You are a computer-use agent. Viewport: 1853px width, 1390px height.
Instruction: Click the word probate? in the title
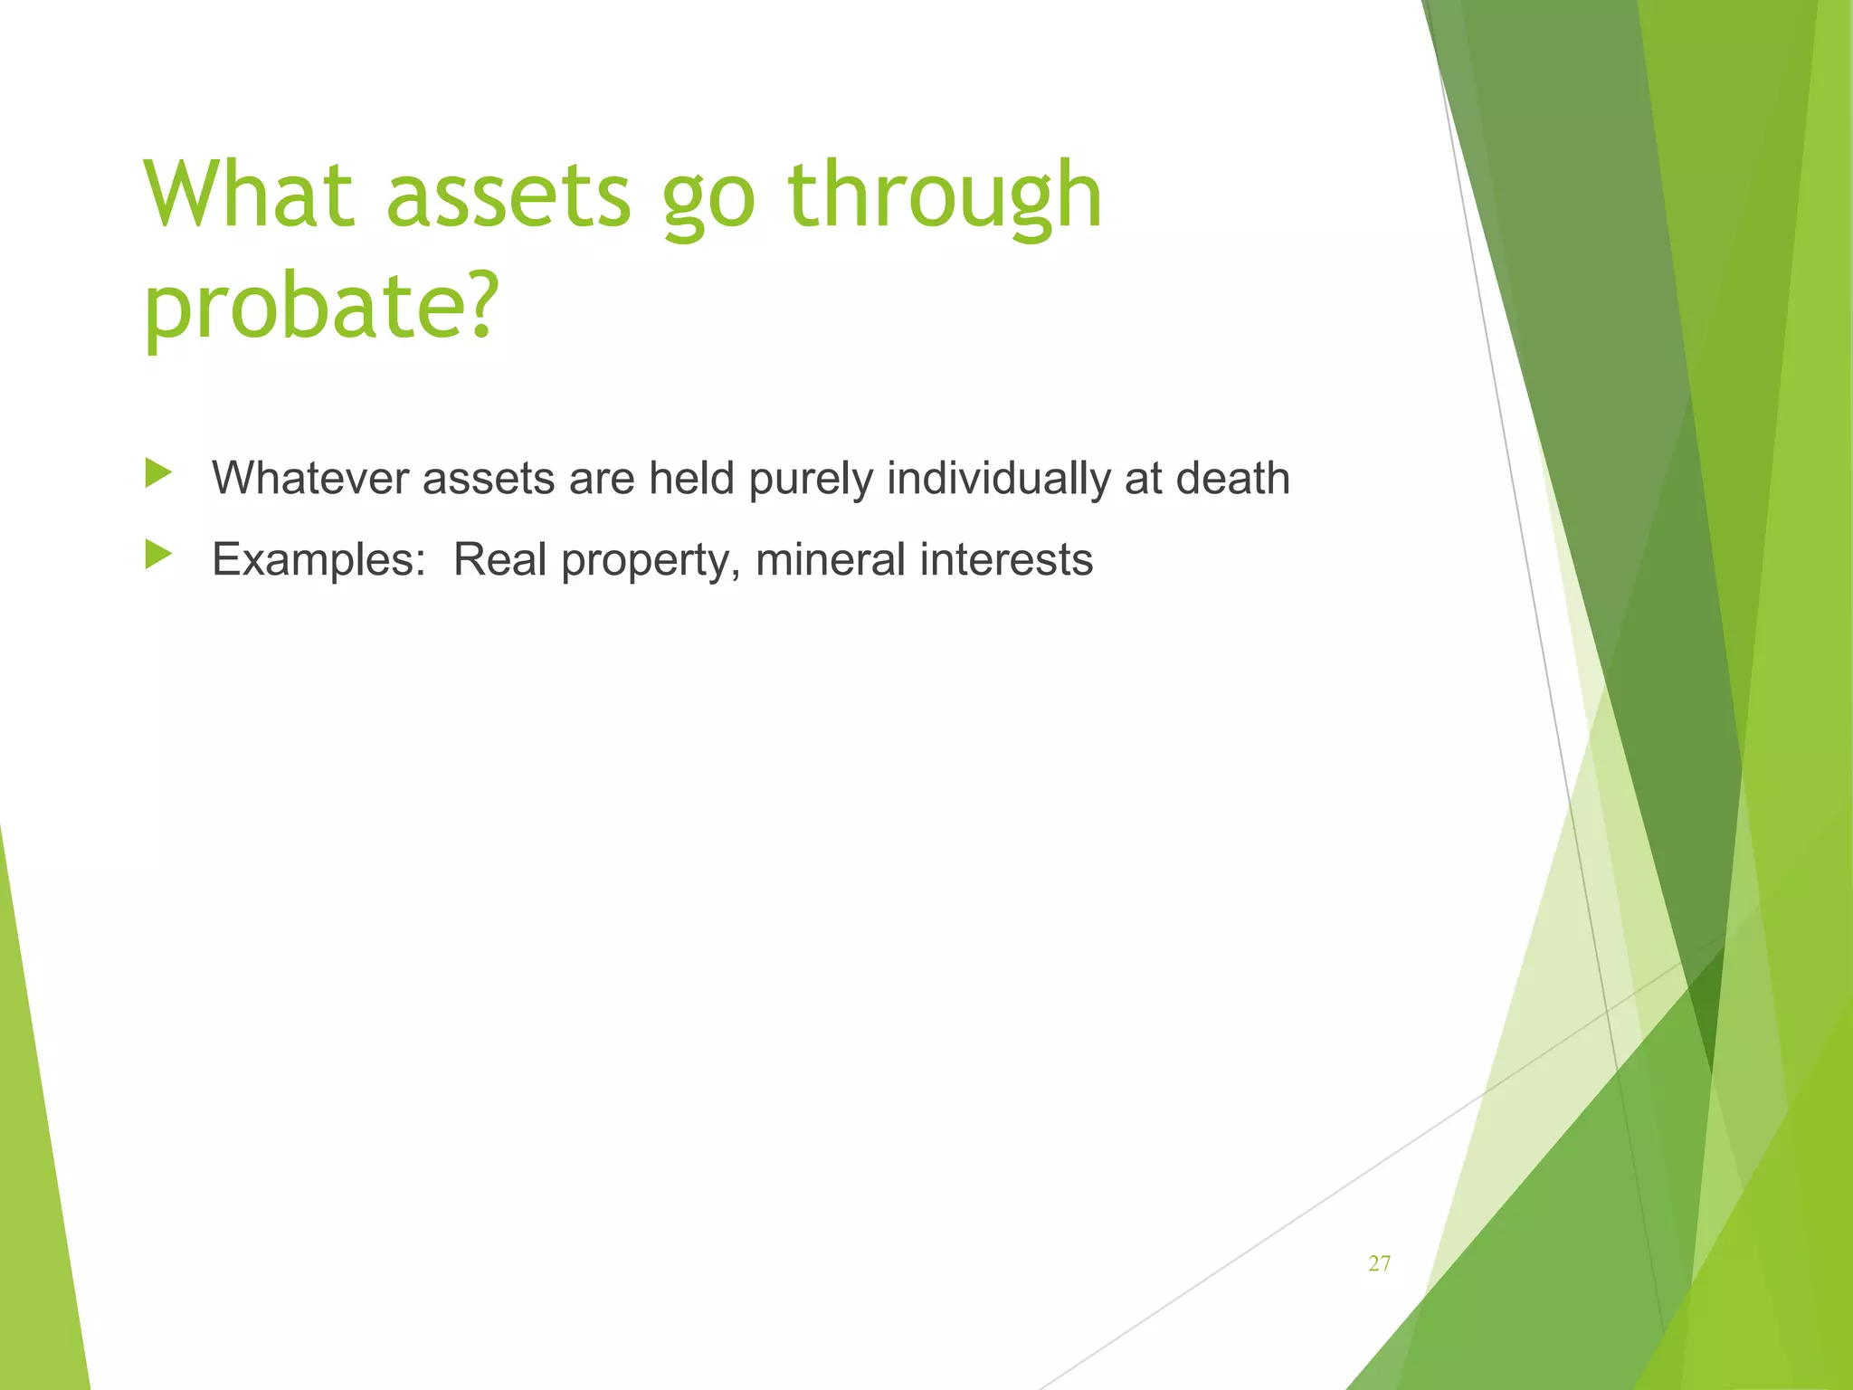click(321, 308)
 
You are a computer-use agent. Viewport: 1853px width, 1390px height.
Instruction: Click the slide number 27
click(1379, 1264)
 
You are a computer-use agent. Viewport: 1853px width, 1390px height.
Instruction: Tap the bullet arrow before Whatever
click(157, 473)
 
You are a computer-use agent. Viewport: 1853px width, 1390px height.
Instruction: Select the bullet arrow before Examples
click(157, 555)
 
